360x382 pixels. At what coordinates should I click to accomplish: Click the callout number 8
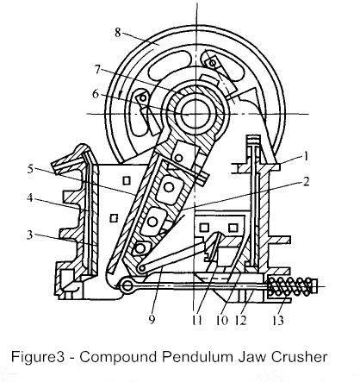point(118,33)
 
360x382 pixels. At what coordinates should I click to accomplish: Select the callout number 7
point(97,70)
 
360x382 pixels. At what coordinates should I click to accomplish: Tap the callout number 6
point(96,94)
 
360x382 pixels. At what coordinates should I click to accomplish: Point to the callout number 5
point(31,170)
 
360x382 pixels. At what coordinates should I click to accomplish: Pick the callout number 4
point(30,198)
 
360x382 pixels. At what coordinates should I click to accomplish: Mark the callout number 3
point(30,235)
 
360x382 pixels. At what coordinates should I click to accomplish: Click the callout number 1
point(306,157)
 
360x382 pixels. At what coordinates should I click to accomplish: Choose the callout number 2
point(306,182)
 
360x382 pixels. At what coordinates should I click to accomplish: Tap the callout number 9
point(152,319)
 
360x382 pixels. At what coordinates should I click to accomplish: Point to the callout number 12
point(241,320)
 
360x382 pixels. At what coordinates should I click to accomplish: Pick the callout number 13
point(278,320)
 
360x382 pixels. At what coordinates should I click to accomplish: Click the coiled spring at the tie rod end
point(289,286)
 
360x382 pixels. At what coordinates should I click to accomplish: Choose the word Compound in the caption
point(119,358)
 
